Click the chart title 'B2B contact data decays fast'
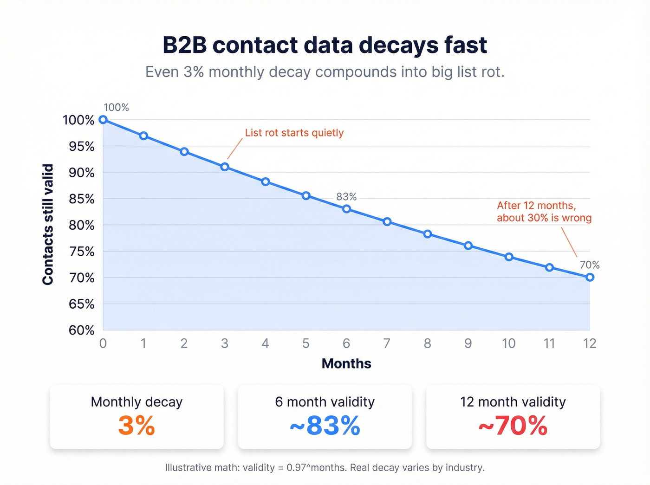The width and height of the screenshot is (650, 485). (325, 45)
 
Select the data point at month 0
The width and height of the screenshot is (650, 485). (104, 120)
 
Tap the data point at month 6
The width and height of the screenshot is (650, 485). (346, 209)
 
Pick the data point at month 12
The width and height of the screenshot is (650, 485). (590, 277)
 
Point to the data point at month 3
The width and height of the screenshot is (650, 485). (225, 167)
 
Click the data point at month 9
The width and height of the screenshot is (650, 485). (468, 246)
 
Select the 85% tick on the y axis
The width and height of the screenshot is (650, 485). (78, 199)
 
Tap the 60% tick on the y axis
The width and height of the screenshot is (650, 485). (81, 330)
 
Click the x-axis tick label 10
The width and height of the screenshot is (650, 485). (508, 343)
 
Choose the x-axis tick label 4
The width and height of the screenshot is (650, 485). (265, 343)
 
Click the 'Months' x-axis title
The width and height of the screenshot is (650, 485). (346, 363)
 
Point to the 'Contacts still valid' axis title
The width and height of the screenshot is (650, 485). (48, 225)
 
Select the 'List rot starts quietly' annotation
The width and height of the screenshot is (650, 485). (294, 133)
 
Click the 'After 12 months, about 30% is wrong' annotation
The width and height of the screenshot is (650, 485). (544, 212)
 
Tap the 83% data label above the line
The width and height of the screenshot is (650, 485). (346, 197)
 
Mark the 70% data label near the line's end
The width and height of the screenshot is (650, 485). (590, 265)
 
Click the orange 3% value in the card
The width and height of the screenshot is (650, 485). (136, 426)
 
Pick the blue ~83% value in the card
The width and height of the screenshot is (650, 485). (325, 426)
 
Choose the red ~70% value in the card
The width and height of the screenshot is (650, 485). (513, 426)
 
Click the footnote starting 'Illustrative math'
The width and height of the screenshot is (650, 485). (325, 467)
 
